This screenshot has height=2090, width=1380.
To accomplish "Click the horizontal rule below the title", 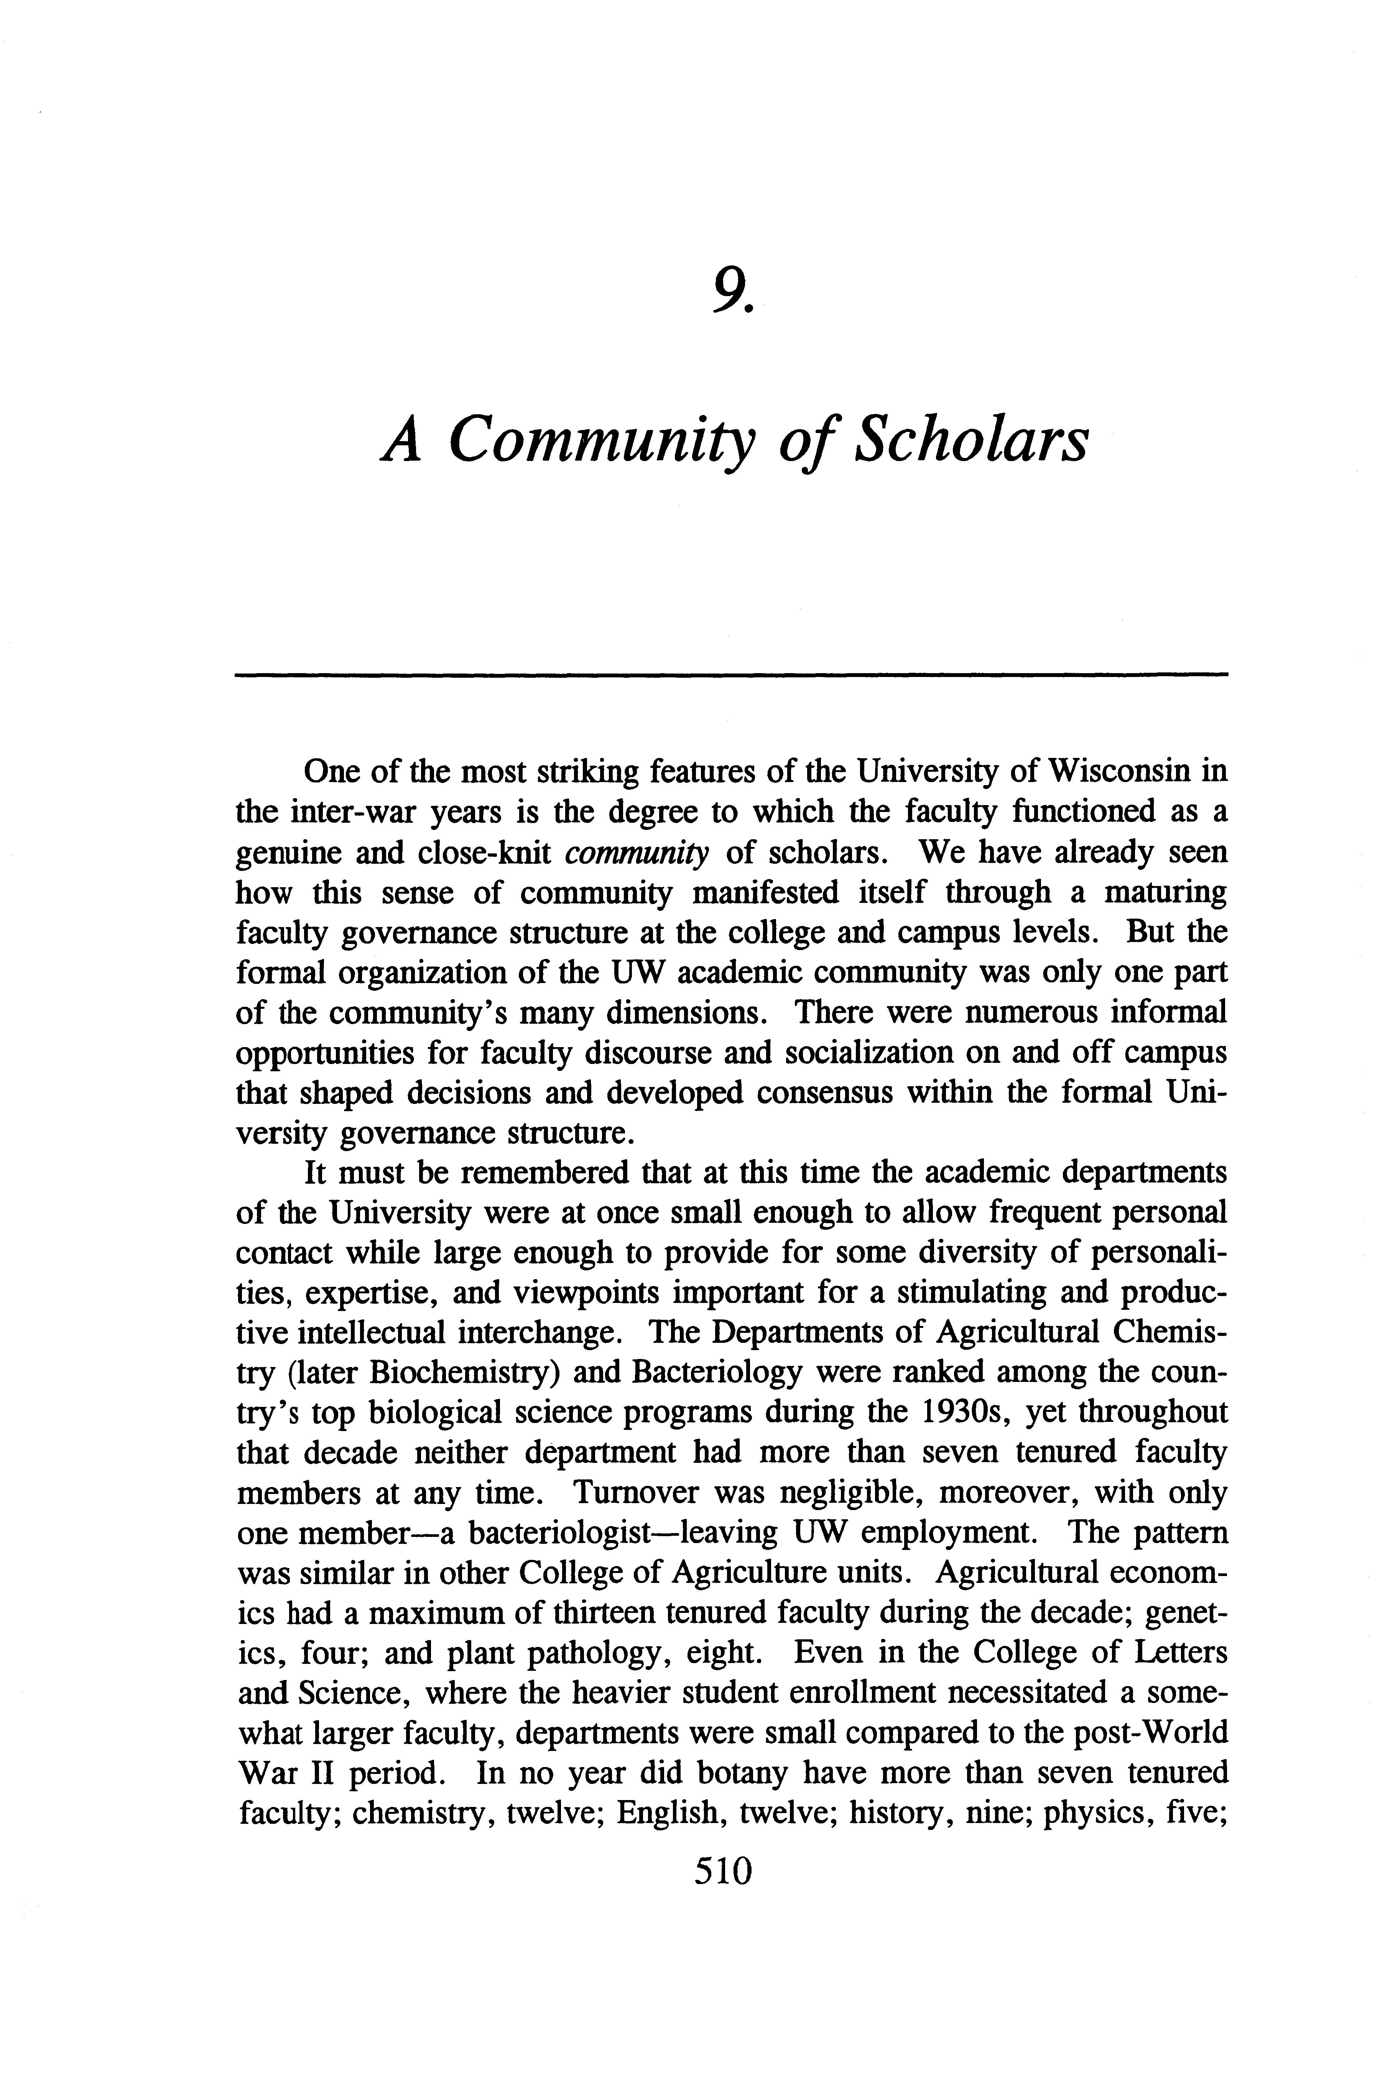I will pos(730,675).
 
